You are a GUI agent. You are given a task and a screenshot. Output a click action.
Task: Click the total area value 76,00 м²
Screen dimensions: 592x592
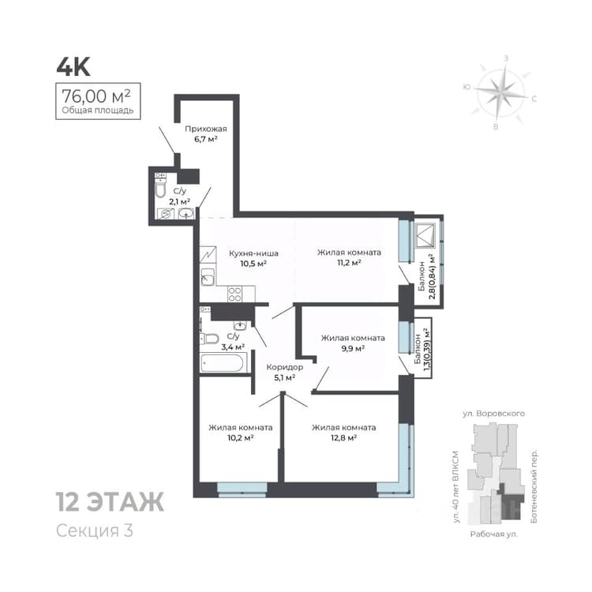[96, 96]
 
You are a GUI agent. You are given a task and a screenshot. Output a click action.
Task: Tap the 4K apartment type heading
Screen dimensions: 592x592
[73, 67]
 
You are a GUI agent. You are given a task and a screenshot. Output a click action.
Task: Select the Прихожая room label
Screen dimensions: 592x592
[206, 129]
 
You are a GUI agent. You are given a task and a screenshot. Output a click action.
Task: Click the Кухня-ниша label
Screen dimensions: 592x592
[253, 253]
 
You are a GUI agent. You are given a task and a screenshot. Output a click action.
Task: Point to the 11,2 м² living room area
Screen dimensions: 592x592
[349, 263]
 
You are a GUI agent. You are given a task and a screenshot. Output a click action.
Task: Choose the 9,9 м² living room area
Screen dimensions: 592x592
[353, 348]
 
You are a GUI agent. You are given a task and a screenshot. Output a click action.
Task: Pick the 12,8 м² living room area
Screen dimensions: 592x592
[343, 438]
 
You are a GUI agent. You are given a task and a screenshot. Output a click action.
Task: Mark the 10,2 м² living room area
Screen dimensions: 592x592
[240, 438]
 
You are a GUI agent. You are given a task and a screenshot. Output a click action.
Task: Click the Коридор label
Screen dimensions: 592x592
[285, 367]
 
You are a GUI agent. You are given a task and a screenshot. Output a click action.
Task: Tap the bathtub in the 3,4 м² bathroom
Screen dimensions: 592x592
[223, 363]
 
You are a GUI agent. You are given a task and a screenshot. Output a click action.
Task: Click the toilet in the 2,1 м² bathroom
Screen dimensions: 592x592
[160, 188]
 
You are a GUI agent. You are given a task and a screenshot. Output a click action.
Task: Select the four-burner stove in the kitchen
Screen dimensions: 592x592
[235, 294]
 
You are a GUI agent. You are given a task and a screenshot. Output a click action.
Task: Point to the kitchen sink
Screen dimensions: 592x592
[208, 277]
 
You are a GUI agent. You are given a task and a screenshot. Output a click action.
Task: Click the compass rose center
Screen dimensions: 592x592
[500, 91]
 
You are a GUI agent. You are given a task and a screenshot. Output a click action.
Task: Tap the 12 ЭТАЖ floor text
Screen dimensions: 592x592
[110, 502]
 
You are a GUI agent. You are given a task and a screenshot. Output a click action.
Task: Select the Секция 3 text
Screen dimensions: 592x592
[95, 530]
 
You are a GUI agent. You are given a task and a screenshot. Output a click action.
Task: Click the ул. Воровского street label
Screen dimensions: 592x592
[494, 414]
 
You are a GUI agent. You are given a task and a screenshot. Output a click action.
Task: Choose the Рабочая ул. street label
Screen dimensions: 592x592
[494, 534]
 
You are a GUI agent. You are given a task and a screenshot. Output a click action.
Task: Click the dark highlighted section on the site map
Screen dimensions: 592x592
[511, 501]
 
